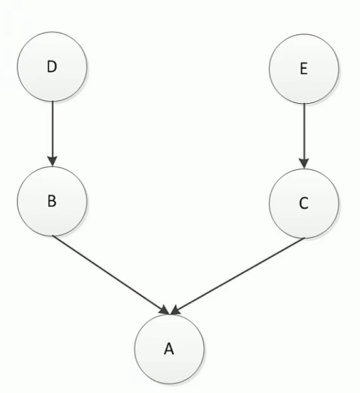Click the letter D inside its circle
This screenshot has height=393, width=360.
tap(52, 67)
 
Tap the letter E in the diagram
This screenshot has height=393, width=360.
tap(304, 69)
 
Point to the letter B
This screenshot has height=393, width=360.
tap(52, 201)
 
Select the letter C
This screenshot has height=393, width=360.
tap(304, 203)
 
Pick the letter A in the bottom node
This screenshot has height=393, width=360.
tap(169, 349)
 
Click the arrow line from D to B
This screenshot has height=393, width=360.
tap(52, 134)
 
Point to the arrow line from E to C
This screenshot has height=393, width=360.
tap(304, 136)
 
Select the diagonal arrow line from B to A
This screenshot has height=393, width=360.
tap(111, 275)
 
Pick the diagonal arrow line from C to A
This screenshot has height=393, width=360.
tap(237, 276)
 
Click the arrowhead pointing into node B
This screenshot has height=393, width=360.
tap(52, 161)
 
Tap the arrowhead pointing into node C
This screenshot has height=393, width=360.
tap(304, 164)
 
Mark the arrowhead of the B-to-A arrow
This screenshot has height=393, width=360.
tap(166, 311)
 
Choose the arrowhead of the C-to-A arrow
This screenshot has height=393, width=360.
tap(175, 311)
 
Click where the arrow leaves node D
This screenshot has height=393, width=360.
tap(52, 101)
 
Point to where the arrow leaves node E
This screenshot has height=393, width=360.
tap(304, 104)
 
